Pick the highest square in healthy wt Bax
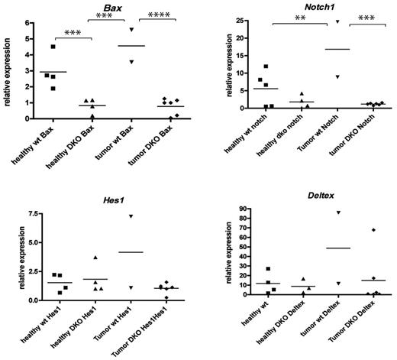point(53,47)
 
